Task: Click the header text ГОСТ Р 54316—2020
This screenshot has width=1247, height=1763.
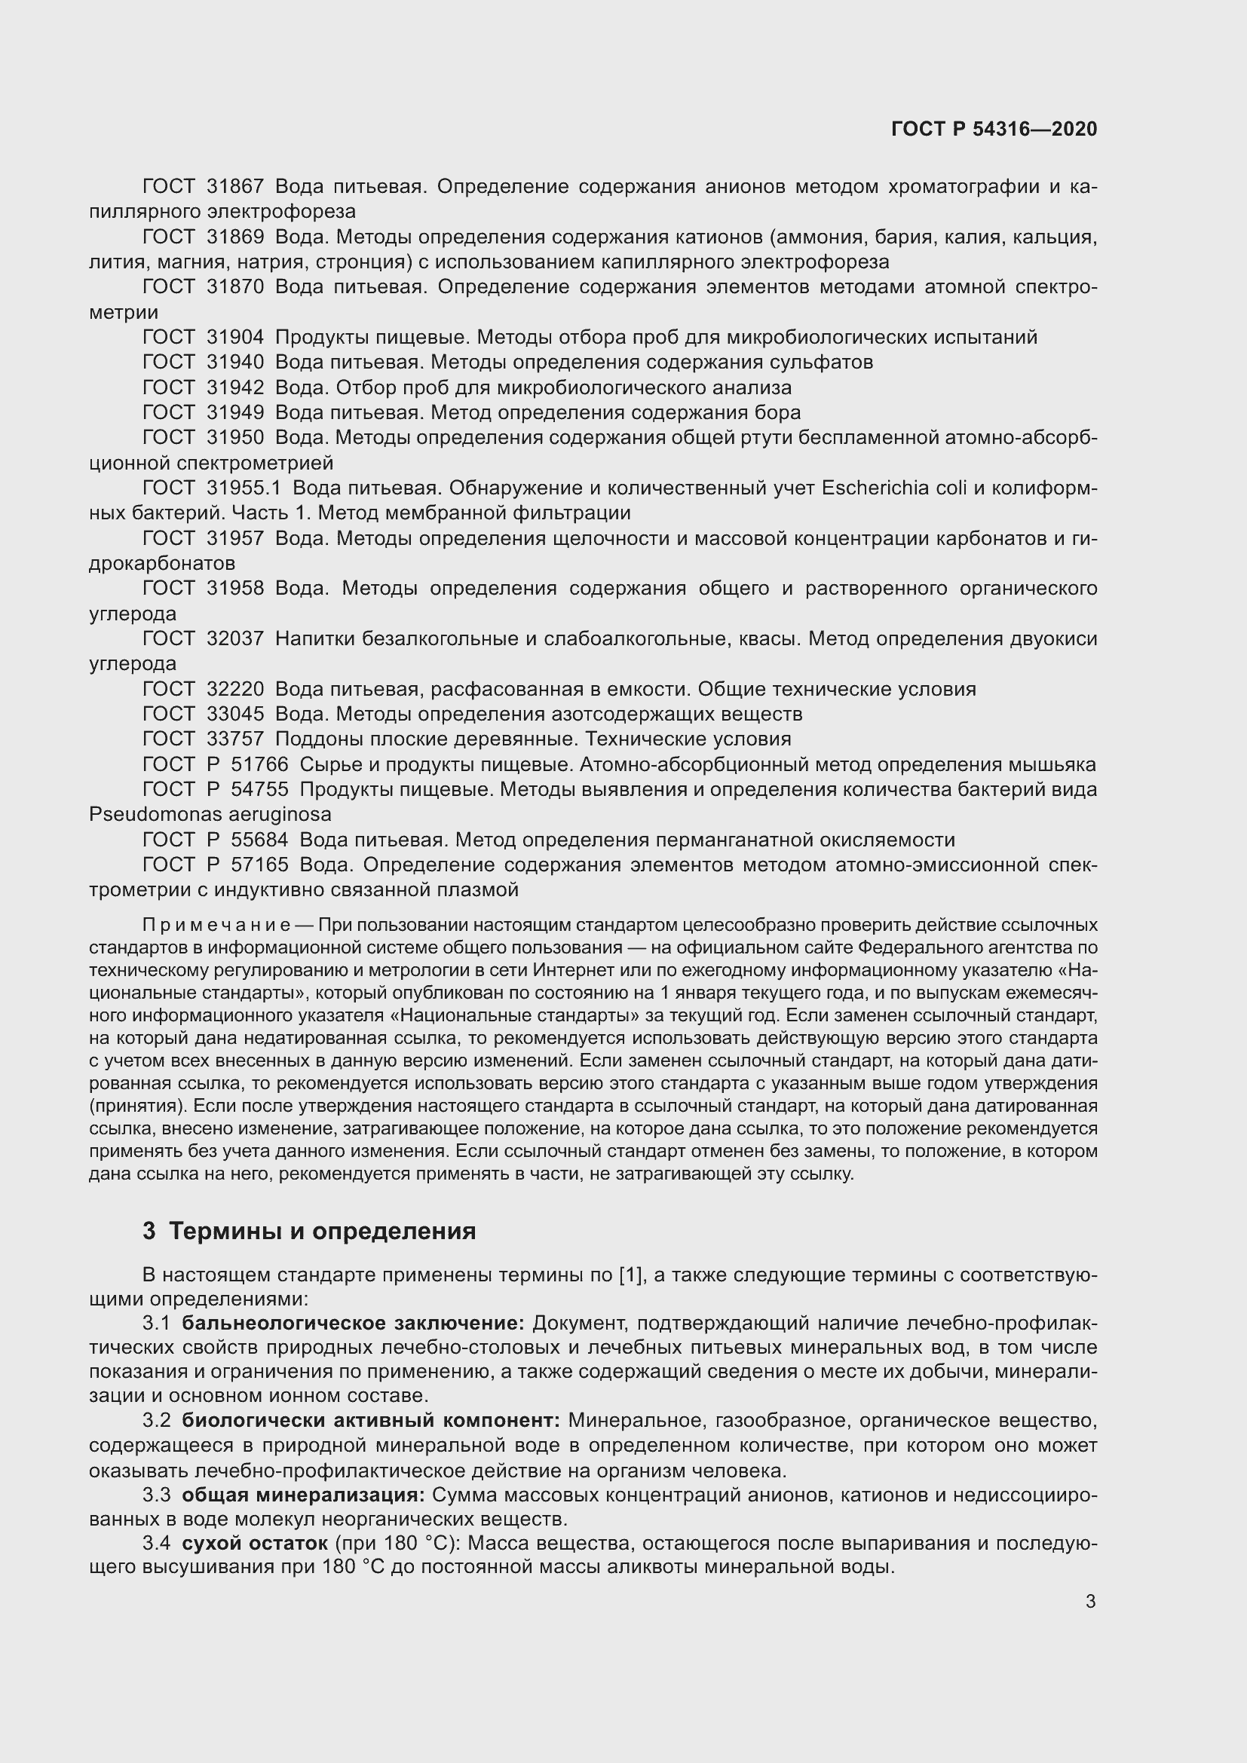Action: click(x=994, y=129)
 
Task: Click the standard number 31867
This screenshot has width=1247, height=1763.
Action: click(x=235, y=187)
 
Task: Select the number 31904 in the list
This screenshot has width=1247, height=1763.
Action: click(x=235, y=337)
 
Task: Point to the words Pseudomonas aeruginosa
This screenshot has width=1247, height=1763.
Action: click(x=210, y=814)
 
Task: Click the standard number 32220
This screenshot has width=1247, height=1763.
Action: click(x=235, y=689)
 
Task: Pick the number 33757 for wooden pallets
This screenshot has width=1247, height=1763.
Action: click(x=235, y=739)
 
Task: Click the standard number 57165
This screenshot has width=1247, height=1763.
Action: click(x=259, y=865)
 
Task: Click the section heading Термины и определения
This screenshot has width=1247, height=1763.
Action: click(x=322, y=1231)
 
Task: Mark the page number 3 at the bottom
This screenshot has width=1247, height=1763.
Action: click(x=1090, y=1602)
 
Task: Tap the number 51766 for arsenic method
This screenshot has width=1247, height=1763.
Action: click(x=259, y=764)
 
